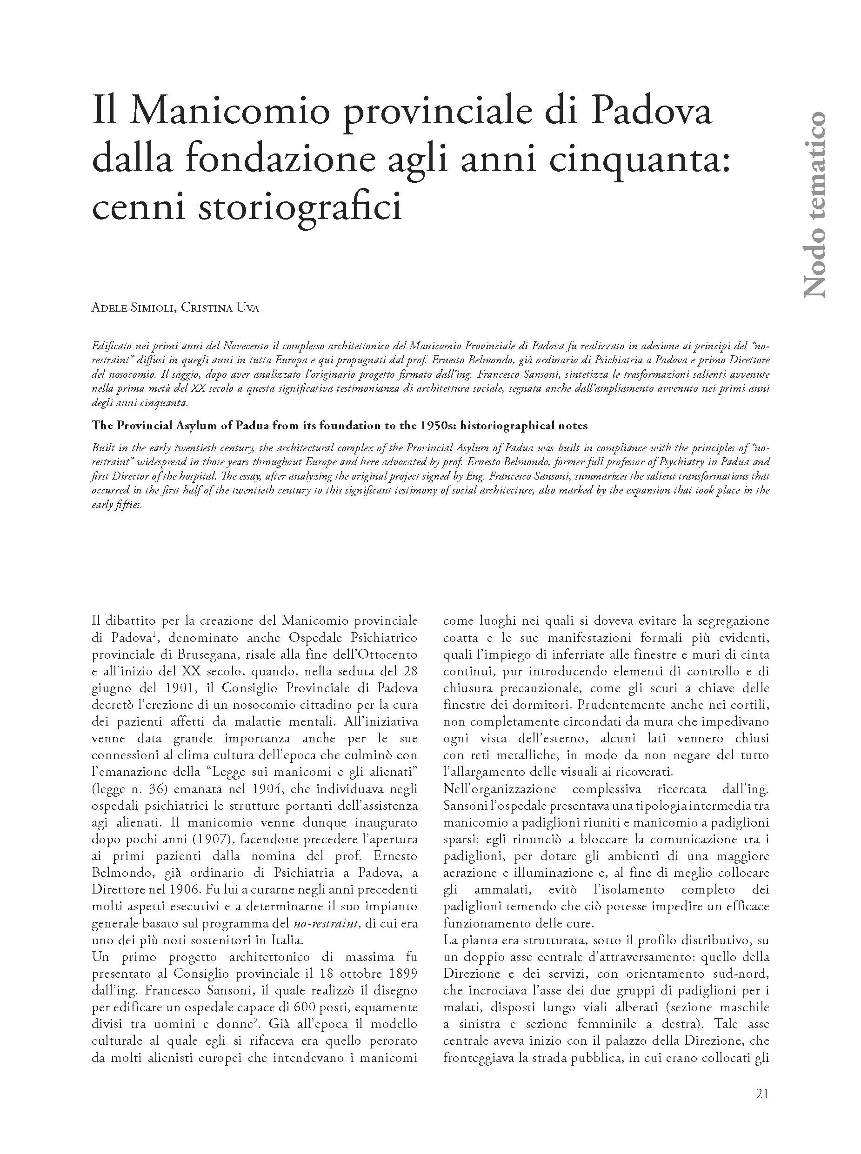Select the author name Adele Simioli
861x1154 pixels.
pos(133,308)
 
